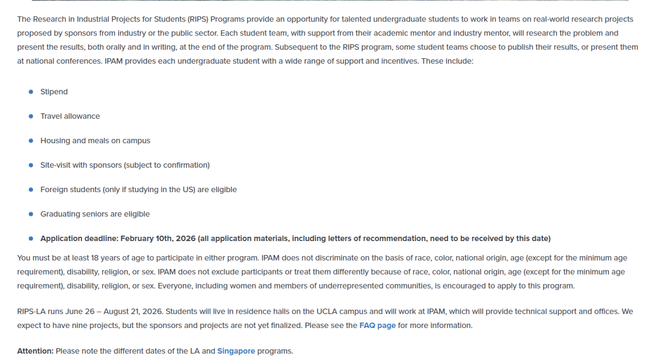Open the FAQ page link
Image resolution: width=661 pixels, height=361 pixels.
pos(377,326)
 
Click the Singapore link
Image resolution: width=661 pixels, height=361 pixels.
pos(236,351)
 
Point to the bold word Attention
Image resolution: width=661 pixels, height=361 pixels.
pos(35,351)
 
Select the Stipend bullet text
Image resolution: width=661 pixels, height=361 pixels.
pos(54,92)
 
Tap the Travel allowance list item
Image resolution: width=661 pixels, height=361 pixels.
pos(70,116)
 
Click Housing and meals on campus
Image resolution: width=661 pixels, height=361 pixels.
pos(95,141)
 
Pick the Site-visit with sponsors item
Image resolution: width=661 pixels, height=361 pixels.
pos(125,165)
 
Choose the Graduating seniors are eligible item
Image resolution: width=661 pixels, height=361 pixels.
pos(95,214)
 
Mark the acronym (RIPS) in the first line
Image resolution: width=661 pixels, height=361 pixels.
pos(197,20)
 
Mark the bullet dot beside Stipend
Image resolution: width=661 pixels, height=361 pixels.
pos(31,92)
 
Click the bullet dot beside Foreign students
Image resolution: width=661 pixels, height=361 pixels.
pos(31,190)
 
